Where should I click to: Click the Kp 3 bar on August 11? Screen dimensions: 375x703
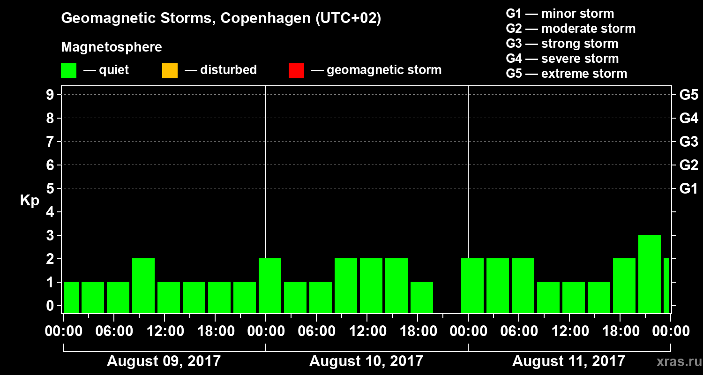[650, 274]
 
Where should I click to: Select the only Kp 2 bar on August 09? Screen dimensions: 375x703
[143, 285]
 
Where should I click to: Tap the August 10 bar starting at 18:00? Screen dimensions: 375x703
[422, 297]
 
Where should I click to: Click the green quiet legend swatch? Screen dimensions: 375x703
[68, 71]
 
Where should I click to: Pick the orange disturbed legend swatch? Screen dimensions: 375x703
[170, 71]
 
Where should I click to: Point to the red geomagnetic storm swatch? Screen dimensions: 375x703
[296, 71]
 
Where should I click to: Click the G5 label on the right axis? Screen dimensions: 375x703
[688, 95]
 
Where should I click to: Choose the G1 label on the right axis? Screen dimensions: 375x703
[688, 189]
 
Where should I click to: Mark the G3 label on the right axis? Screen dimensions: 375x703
[688, 142]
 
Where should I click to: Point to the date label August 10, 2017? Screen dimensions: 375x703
[366, 361]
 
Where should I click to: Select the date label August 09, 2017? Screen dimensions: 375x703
[164, 361]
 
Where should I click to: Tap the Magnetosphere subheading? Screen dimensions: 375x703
[112, 47]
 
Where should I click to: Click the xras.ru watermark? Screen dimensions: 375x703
[676, 361]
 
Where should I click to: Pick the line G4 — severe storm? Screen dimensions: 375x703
[562, 59]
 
